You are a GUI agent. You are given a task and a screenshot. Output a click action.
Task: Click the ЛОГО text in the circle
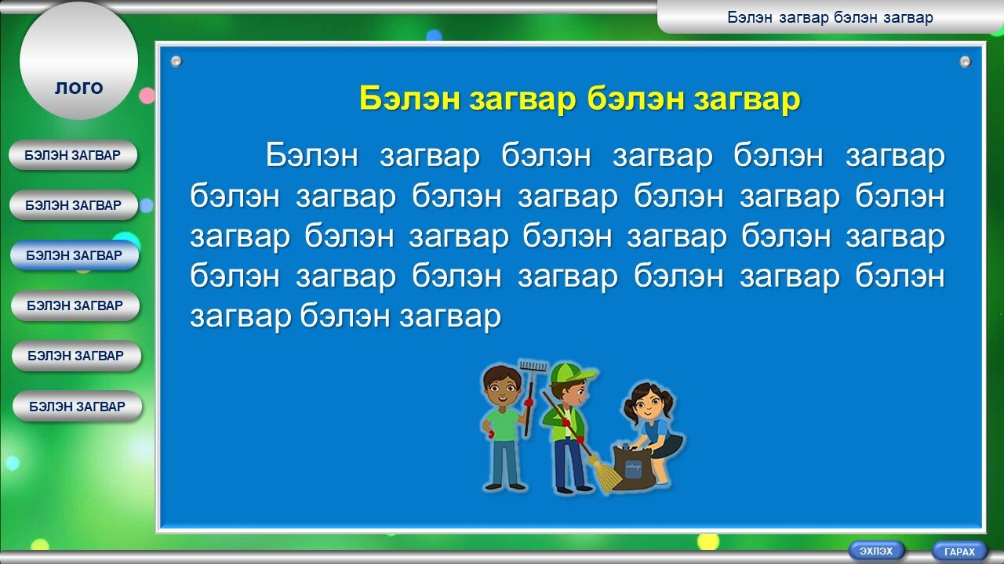(x=79, y=89)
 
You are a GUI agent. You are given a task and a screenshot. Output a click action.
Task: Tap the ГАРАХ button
(x=959, y=551)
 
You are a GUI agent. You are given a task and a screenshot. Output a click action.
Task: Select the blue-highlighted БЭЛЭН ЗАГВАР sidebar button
(x=75, y=255)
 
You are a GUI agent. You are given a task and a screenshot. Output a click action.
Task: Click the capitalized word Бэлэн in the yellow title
(x=409, y=99)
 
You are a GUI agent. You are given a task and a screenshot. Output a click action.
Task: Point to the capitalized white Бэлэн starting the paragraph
(x=312, y=155)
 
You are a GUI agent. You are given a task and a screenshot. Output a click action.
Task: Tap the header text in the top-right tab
(x=830, y=17)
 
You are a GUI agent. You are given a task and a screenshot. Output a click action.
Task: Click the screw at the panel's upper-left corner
(x=176, y=61)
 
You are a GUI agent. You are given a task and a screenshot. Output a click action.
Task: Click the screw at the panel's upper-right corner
(x=965, y=61)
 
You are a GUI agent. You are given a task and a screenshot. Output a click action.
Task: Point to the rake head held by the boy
(x=533, y=366)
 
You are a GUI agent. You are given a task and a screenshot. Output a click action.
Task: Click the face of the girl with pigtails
(x=646, y=406)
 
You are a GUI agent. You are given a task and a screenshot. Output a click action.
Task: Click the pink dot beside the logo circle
(x=147, y=96)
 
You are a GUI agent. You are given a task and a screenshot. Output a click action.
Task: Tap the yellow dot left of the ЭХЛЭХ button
(x=708, y=541)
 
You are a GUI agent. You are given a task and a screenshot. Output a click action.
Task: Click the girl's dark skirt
(x=669, y=446)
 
